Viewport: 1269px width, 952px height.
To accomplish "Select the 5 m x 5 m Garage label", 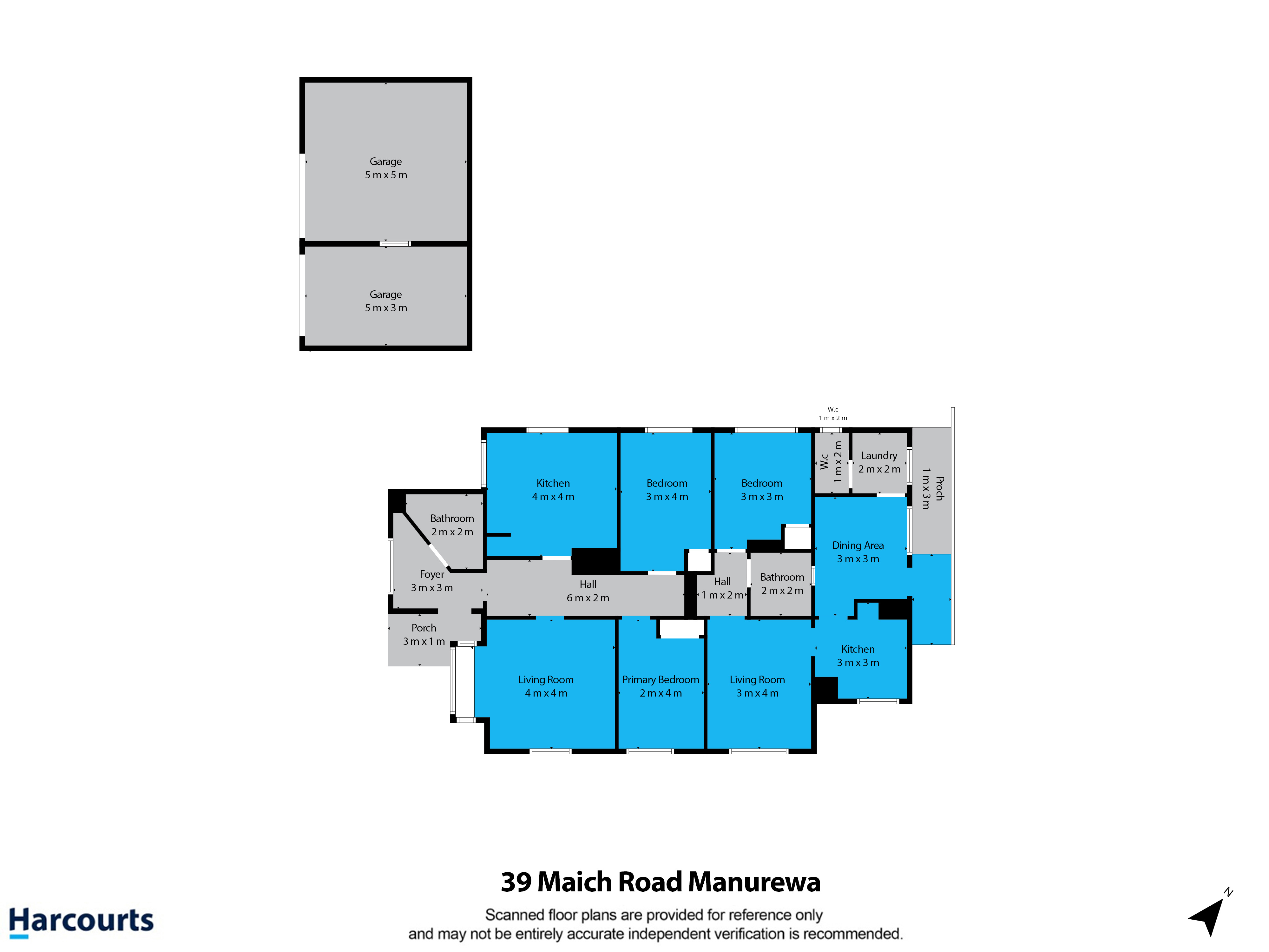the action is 386,168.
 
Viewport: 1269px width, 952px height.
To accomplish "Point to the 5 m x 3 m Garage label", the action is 386,301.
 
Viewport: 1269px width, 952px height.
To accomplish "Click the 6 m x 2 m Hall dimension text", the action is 588,598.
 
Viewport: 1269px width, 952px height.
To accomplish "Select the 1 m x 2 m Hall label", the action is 722,588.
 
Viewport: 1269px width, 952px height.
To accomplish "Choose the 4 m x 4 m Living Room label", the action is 546,686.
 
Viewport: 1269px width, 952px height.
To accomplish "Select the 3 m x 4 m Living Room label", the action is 757,686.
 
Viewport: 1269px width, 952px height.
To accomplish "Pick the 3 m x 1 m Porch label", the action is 424,635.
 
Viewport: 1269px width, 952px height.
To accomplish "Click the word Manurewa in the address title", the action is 754,882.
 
